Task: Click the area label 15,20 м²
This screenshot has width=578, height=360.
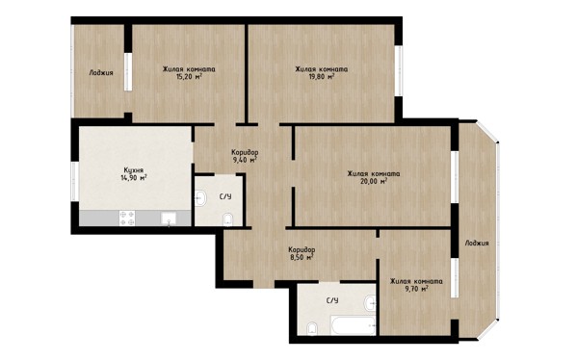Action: (190, 77)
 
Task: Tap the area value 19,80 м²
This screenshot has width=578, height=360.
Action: (322, 77)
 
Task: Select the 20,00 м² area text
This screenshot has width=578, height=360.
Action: (374, 181)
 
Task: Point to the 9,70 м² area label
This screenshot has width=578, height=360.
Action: (416, 289)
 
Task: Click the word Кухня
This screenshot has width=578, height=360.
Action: (134, 170)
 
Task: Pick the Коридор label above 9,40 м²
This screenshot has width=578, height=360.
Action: (245, 152)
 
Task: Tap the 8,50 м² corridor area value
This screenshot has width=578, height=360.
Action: (302, 258)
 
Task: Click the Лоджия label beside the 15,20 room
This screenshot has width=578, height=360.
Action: (101, 72)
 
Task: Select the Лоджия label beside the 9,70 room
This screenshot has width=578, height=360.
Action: (477, 243)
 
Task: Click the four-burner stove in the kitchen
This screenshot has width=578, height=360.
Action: (127, 219)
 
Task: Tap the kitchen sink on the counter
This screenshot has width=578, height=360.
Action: (169, 219)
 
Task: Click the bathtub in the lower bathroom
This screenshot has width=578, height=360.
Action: (354, 325)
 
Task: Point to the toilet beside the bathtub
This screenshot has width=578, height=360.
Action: (312, 328)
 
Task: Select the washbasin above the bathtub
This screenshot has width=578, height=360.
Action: (370, 303)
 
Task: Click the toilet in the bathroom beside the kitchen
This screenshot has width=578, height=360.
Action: (228, 219)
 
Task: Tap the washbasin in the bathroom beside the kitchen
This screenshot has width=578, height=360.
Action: (200, 198)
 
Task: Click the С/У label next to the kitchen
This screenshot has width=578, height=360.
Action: (225, 196)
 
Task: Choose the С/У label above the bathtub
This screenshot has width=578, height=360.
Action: (332, 300)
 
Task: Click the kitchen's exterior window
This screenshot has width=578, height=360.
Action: (74, 182)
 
